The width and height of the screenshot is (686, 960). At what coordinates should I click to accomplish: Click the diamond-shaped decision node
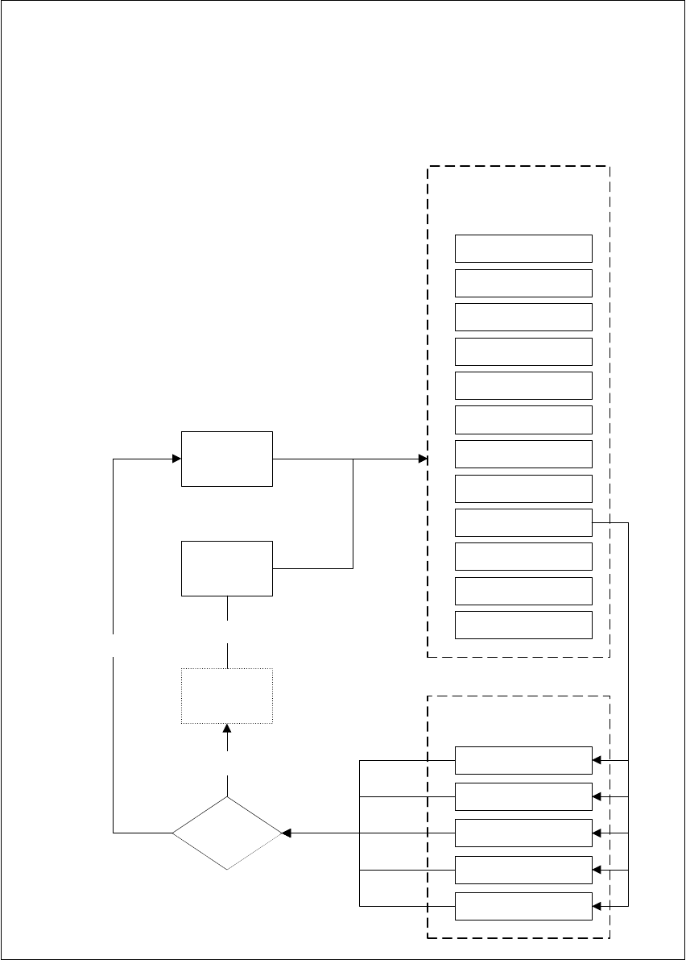tap(227, 833)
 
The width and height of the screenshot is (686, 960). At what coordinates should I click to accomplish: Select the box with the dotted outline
tap(227, 696)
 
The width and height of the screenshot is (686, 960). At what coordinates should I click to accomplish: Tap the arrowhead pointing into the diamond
tap(285, 833)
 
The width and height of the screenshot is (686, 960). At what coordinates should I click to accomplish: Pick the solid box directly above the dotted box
tap(227, 568)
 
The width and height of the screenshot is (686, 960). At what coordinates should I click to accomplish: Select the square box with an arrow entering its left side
tap(227, 459)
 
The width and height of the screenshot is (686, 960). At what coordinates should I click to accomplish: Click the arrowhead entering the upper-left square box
tap(176, 459)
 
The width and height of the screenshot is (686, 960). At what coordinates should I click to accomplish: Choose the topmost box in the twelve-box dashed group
tap(523, 248)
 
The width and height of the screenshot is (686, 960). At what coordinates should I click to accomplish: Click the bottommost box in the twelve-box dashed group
tap(523, 625)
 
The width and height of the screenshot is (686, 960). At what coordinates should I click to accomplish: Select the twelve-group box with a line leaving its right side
tap(523, 522)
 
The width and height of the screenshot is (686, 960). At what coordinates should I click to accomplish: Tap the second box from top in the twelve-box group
tap(523, 283)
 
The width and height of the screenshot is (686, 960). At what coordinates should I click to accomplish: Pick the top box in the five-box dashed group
tap(523, 760)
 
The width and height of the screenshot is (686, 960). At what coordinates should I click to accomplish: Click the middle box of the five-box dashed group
tap(523, 833)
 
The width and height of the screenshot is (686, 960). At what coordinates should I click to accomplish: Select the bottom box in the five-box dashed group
tap(523, 906)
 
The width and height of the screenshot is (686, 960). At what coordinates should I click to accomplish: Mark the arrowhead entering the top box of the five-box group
tap(597, 760)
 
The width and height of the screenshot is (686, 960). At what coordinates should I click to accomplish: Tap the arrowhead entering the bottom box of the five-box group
tap(597, 906)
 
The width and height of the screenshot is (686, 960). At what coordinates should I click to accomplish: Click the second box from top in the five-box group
tap(523, 796)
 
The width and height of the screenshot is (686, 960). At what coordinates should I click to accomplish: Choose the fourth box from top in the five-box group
tap(523, 871)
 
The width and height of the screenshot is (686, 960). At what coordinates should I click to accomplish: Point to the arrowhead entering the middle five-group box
tap(597, 833)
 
